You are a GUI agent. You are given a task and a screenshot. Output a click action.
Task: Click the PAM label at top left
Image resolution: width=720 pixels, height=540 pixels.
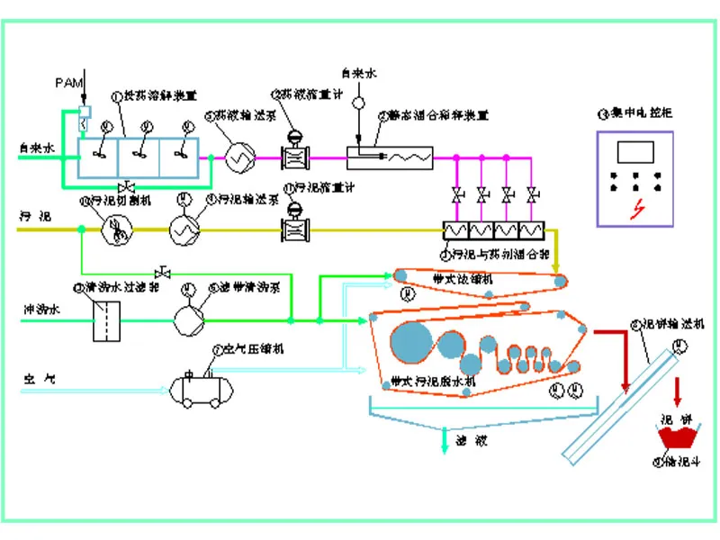point(68,82)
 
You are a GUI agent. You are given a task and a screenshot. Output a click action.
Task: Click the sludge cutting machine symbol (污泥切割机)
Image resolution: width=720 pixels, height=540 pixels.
point(116,229)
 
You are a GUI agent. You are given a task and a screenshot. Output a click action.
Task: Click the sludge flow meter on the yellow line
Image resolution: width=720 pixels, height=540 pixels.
point(293,229)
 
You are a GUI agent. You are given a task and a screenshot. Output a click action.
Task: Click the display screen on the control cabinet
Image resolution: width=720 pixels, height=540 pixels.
point(637,151)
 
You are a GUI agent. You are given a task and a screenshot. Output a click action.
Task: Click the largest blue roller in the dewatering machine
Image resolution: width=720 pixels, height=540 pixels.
point(412,342)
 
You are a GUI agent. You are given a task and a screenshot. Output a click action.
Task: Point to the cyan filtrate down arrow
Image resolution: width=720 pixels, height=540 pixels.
point(444,441)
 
